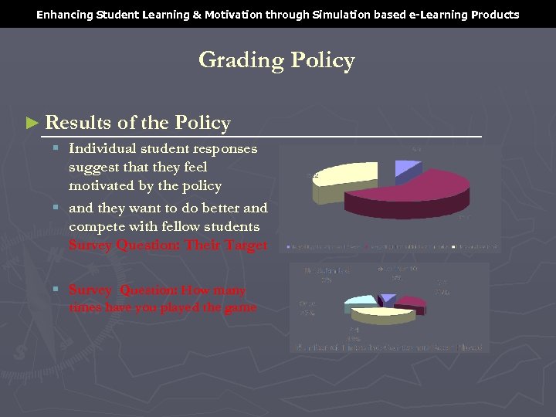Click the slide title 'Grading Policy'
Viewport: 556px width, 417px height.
[276, 60]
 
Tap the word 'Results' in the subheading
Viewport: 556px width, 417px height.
[78, 123]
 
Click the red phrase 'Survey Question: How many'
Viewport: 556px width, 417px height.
[157, 290]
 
